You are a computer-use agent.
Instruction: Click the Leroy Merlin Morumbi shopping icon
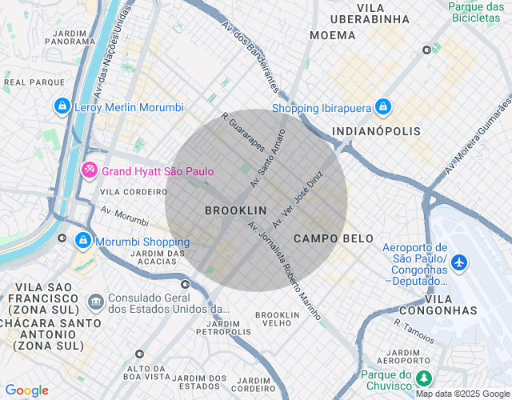(x=62, y=106)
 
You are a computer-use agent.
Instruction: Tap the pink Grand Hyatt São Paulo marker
(x=90, y=170)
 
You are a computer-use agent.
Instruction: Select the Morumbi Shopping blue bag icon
(x=82, y=240)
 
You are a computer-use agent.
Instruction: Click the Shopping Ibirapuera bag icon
(x=383, y=106)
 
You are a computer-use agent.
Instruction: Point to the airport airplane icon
(x=459, y=262)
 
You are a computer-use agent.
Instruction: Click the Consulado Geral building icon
(x=96, y=301)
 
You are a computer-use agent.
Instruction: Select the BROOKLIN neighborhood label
(x=235, y=210)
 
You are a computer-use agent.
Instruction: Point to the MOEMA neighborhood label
(x=332, y=35)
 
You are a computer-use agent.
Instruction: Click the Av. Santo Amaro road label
(x=267, y=158)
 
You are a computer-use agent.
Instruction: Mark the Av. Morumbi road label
(x=125, y=215)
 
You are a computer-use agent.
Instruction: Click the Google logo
(x=26, y=390)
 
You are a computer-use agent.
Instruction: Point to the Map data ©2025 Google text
(x=462, y=394)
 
